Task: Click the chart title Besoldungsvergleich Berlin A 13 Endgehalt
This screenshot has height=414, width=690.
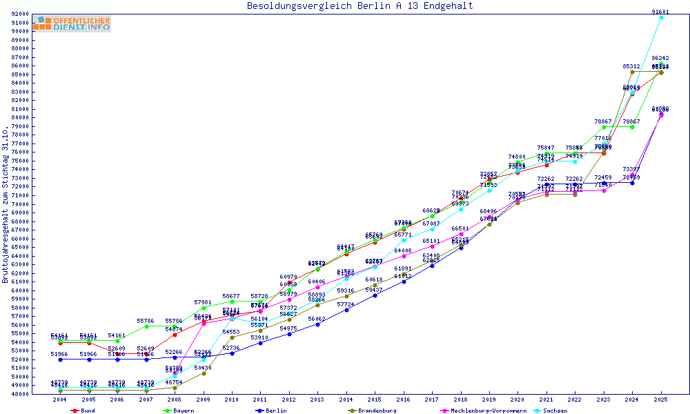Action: click(360, 6)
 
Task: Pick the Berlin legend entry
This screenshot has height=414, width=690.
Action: click(273, 411)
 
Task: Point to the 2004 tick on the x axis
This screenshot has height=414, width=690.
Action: click(61, 400)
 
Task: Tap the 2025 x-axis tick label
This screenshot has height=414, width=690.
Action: click(660, 400)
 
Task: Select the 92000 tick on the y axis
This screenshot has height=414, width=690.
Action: click(19, 14)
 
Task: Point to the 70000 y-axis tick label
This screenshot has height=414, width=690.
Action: click(19, 204)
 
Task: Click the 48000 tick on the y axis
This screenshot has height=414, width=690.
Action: click(19, 394)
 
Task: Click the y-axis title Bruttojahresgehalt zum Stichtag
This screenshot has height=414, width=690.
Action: click(6, 204)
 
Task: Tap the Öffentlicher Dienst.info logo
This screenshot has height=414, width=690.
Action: click(72, 24)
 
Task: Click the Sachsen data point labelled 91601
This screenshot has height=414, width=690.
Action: click(660, 17)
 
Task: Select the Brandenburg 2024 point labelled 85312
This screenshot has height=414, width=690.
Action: click(632, 72)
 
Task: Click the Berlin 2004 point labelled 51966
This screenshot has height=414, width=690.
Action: click(61, 359)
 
